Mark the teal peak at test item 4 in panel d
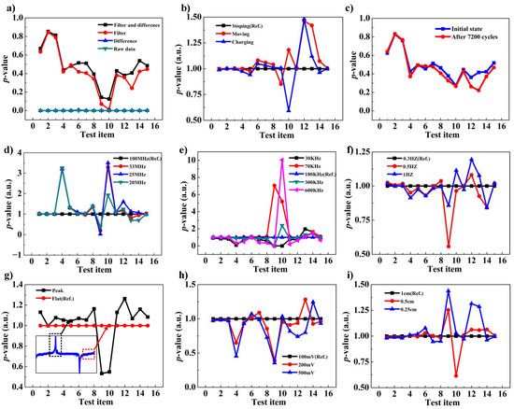(62, 169)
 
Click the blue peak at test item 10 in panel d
(108, 162)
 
